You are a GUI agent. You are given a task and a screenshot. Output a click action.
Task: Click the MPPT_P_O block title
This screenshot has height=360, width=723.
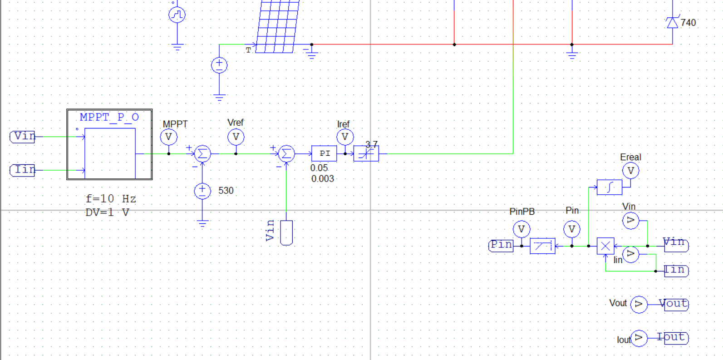(109, 117)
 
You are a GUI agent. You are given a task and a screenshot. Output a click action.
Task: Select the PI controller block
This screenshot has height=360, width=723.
(324, 153)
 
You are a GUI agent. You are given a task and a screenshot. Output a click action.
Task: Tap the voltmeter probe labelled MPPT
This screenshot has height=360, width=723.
(169, 137)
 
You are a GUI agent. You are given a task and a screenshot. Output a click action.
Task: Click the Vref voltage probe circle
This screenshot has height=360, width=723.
(236, 137)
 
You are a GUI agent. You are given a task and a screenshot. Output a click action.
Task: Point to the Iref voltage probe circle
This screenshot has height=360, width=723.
(345, 137)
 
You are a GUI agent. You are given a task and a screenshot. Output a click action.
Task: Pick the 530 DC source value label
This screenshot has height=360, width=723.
(226, 191)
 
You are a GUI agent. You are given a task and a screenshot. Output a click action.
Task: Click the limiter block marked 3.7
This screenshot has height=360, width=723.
(366, 154)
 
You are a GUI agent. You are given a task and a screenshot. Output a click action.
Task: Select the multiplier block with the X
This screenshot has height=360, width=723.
(605, 246)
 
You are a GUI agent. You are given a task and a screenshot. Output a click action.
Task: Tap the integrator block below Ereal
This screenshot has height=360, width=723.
(609, 187)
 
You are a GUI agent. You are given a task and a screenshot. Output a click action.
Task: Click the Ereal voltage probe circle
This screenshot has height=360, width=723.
(630, 171)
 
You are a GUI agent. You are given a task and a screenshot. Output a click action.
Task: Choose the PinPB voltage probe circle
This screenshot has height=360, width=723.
(521, 229)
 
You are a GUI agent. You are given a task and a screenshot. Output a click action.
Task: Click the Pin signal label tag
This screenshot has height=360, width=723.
(501, 245)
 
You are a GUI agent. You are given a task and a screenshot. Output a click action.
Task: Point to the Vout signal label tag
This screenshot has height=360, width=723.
(676, 304)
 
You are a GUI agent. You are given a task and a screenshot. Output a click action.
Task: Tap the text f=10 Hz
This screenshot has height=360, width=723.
(111, 199)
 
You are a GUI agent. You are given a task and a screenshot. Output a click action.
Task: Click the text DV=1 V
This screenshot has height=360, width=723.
(107, 212)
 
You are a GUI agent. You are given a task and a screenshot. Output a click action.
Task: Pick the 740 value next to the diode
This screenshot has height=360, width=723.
(688, 23)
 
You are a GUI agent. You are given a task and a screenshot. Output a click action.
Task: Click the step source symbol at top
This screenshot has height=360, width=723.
(177, 15)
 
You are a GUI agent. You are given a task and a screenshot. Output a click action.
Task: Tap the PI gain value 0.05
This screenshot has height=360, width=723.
(319, 168)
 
